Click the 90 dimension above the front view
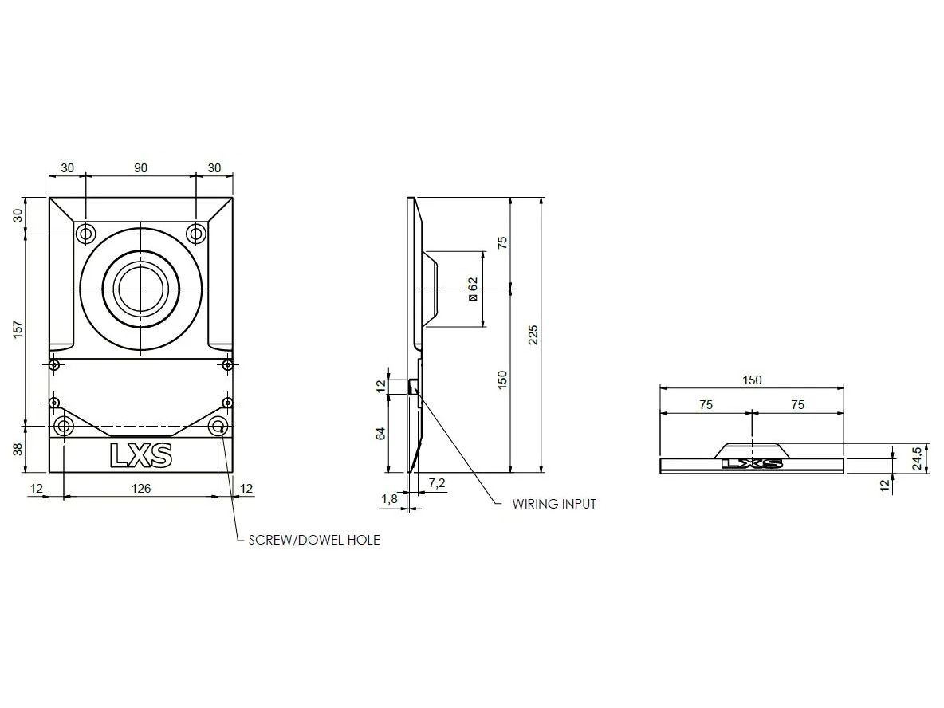coord(140,168)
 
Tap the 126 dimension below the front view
coord(140,488)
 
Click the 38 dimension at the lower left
coord(18,449)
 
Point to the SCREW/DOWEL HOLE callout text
coord(314,540)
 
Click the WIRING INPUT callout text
coord(553,504)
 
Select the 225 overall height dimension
coord(533,334)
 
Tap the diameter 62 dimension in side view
coord(473,289)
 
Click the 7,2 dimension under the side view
coord(437,484)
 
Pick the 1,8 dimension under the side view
coord(390,499)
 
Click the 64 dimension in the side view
coord(380,433)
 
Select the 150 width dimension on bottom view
coord(751,380)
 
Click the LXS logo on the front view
coord(140,455)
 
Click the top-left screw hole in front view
coord(85,233)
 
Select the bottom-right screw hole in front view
coord(218,426)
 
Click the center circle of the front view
coord(140,288)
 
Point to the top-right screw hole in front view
coord(195,233)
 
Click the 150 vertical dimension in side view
coord(501,380)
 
